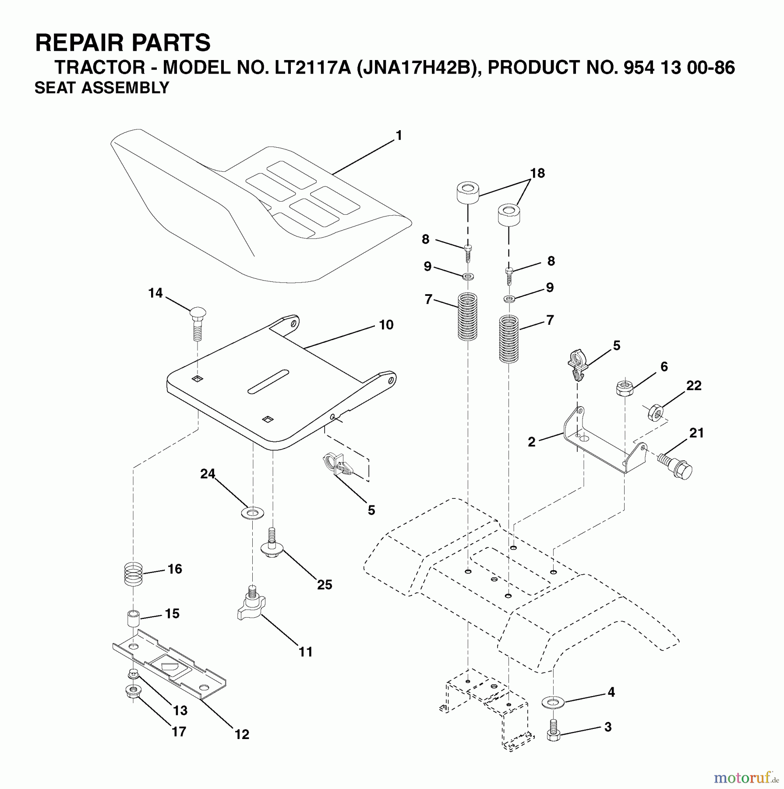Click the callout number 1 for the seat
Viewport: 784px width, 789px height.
(398, 136)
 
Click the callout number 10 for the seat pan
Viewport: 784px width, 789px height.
(386, 325)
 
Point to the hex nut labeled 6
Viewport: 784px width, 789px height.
(624, 388)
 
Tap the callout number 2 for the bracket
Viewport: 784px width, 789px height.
(531, 442)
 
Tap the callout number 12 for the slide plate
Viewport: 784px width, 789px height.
(242, 734)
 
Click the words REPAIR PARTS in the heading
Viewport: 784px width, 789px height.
(123, 43)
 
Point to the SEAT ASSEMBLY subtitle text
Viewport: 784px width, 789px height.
(102, 88)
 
